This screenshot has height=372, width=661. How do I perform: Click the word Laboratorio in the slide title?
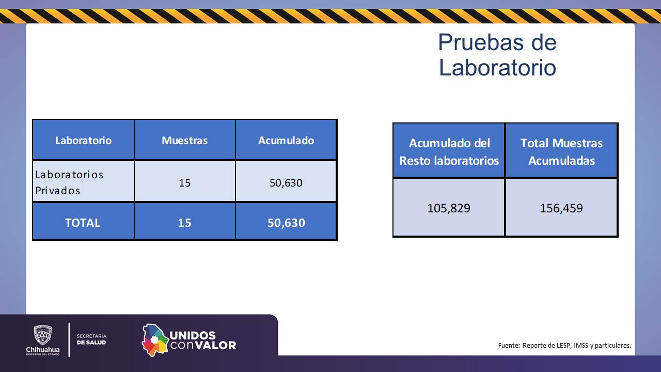(497, 68)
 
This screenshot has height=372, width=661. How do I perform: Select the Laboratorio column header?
(83, 140)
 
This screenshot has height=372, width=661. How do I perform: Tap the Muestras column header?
(184, 140)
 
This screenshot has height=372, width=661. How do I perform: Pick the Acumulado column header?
(286, 140)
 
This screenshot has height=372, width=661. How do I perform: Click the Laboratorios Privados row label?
(69, 182)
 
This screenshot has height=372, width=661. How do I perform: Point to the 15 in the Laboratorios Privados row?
(184, 182)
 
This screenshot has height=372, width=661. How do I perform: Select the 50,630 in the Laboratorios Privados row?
(286, 182)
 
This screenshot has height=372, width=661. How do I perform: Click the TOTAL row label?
(83, 223)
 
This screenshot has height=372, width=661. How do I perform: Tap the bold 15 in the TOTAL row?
(184, 223)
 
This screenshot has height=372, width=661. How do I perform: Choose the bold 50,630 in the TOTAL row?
(286, 223)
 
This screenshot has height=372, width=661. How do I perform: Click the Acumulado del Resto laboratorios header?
(449, 151)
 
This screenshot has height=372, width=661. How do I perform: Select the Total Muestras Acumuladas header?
(561, 151)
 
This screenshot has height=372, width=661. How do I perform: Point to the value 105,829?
(449, 208)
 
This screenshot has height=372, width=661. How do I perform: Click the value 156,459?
(561, 208)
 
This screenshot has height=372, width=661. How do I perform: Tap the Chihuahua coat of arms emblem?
(42, 335)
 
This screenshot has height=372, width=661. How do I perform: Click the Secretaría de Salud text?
(91, 339)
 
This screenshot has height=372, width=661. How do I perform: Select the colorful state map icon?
(155, 339)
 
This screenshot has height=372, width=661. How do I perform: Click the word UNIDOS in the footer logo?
(193, 335)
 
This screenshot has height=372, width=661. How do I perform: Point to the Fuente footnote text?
(564, 345)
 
